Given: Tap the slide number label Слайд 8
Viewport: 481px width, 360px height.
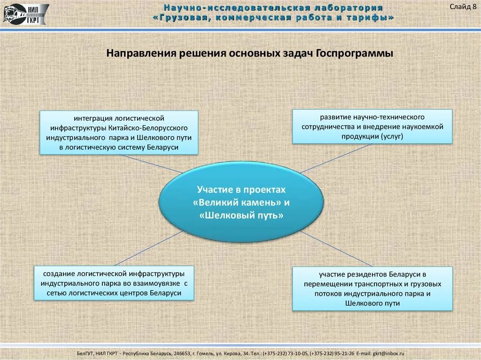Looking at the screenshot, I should pos(463,6).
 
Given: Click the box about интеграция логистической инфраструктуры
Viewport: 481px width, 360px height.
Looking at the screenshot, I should pos(119,132).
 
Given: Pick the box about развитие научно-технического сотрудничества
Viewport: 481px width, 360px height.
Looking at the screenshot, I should pos(372,126).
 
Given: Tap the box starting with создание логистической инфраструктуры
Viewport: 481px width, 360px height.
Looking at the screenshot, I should pos(114,283).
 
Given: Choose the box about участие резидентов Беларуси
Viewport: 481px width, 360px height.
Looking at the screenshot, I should pos(372,288).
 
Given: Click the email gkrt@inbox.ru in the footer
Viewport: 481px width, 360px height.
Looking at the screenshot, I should pos(388,353).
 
